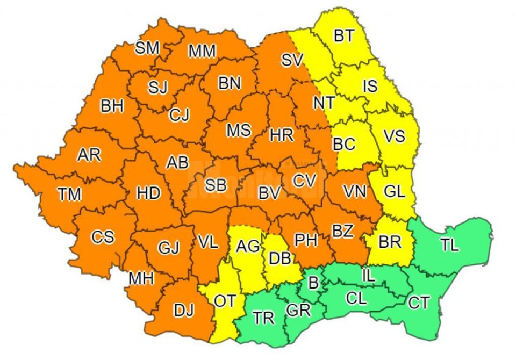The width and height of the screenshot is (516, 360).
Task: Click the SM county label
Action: tap(147, 48)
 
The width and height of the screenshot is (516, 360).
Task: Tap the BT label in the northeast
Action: tap(344, 36)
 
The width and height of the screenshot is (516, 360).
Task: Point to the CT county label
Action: tap(419, 303)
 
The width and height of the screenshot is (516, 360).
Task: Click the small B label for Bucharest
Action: tap(312, 281)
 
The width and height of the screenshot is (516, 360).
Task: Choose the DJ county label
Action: tap(183, 310)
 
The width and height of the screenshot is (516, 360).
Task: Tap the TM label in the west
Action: tap(69, 195)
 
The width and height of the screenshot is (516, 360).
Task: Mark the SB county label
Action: tap(216, 185)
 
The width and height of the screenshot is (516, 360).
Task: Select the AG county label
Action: tap(248, 246)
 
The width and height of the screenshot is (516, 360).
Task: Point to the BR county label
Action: tap(390, 242)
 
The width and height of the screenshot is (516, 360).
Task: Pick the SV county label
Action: tap(293, 60)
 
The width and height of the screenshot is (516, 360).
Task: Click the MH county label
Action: tap(141, 278)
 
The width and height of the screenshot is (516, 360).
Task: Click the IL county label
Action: tap(368, 276)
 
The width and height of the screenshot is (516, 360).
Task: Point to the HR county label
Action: tap(282, 135)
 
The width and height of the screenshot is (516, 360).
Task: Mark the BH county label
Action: tap(112, 106)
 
